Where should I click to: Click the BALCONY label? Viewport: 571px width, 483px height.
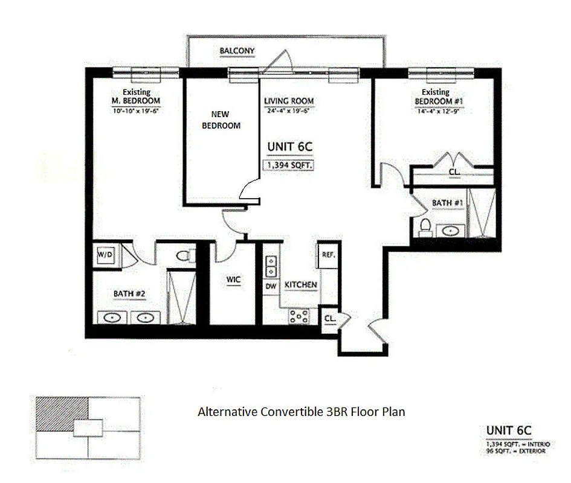pos(237,51)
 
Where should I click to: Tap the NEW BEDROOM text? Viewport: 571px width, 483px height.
pos(225,120)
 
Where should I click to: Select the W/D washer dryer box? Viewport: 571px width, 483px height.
pos(106,255)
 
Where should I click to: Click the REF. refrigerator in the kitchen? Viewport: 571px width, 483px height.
pos(328,255)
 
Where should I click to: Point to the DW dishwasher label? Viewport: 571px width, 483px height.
pos(270,285)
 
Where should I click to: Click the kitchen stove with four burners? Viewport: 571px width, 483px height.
pos(298,316)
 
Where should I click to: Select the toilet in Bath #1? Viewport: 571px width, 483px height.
pos(425,226)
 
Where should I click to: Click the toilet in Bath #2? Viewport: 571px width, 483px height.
pos(185,255)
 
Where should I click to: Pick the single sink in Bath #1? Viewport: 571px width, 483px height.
pos(451,229)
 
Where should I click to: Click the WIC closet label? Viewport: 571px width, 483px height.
pos(234,280)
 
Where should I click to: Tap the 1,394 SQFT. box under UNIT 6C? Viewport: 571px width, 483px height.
pos(288,164)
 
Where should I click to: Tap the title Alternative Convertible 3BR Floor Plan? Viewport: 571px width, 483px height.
pos(301,412)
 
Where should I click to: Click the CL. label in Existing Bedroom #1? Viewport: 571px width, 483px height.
pos(454,172)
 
